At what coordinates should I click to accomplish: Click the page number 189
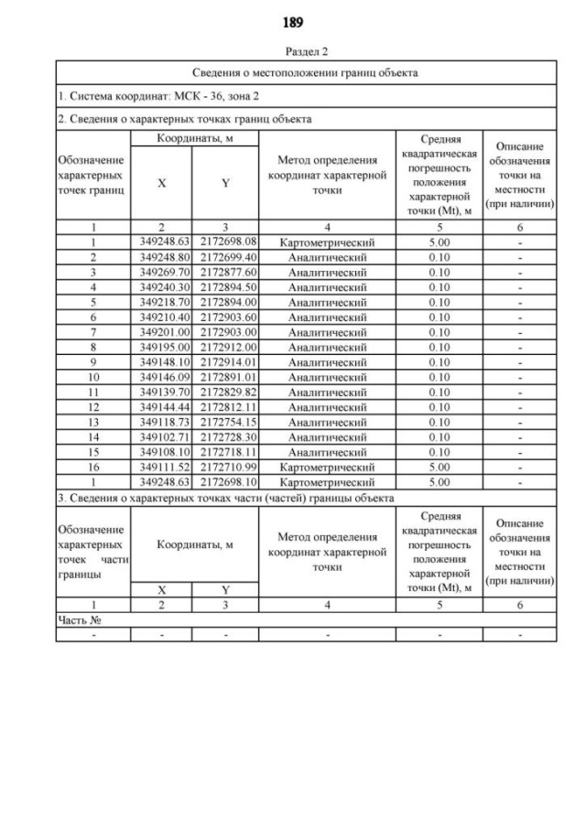(x=293, y=21)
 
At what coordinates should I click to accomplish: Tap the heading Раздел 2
(x=293, y=52)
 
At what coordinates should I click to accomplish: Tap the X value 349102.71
(x=161, y=437)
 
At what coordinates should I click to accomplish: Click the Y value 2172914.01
(x=225, y=362)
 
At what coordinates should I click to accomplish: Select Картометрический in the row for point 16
(x=327, y=468)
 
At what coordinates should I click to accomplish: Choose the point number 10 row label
(x=93, y=377)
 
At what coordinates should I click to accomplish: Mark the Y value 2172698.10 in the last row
(x=225, y=482)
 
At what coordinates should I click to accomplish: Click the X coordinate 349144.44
(x=161, y=407)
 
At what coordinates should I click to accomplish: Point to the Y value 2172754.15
(x=225, y=422)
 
